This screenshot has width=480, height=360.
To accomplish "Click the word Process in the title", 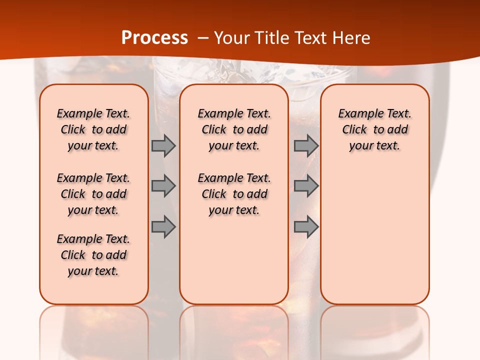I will (154, 38).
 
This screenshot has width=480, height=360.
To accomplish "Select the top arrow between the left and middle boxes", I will (163, 145).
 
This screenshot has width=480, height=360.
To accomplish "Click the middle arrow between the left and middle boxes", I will (163, 186).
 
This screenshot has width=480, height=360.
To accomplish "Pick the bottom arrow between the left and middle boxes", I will (163, 226).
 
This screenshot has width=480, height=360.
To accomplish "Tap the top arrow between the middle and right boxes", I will (306, 145).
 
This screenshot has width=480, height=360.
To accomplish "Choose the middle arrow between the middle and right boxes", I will (306, 186).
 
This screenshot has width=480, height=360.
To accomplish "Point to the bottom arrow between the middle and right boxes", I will (306, 226).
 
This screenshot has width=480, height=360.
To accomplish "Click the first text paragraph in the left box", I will (93, 129).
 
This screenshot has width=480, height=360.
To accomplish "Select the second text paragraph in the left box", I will (93, 194).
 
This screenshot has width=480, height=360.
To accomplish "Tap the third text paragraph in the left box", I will (93, 255).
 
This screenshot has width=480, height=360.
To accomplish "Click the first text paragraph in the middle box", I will (234, 129).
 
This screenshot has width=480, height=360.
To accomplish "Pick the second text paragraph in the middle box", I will (234, 194).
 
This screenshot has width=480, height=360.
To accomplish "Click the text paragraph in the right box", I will (375, 129).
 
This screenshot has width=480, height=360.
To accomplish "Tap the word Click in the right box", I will (354, 130).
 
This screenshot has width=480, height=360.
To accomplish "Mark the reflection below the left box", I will (94, 330).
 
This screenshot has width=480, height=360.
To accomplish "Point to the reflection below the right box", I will (375, 330).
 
